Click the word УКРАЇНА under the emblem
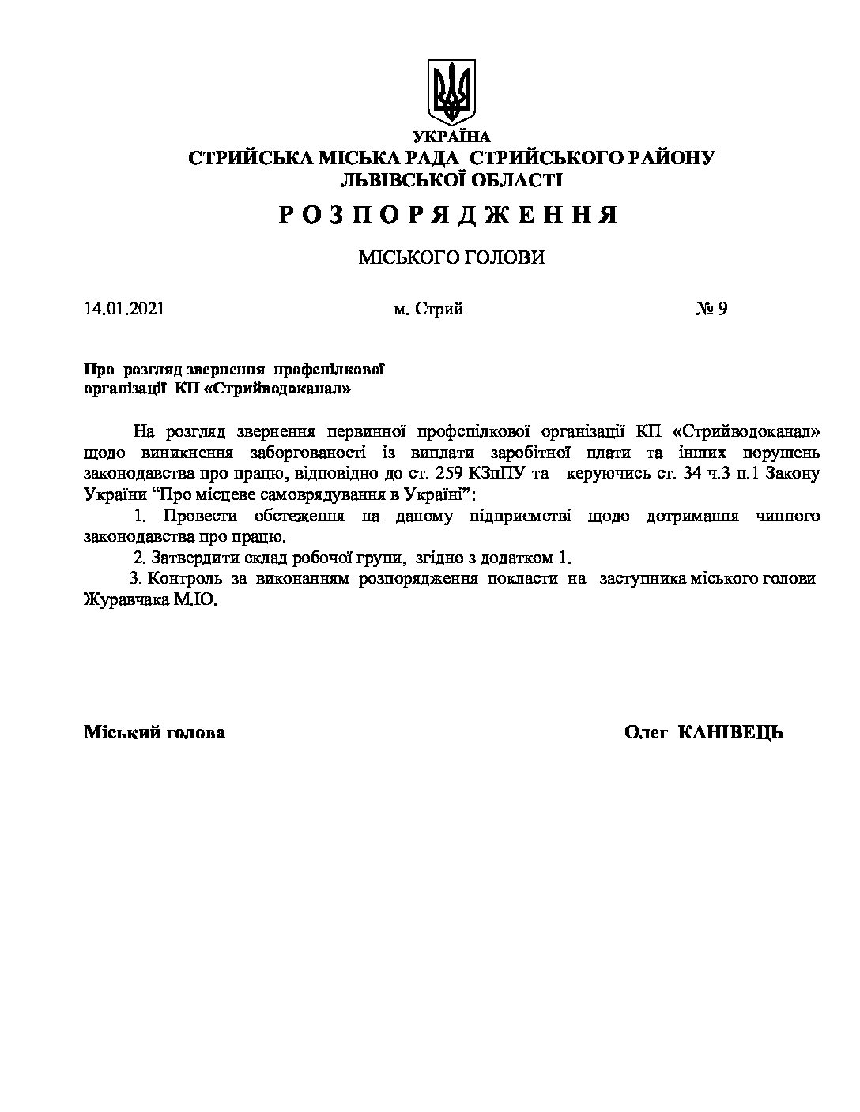[x=451, y=137]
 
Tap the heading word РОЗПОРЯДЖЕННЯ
[x=447, y=215]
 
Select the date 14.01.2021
[x=124, y=309]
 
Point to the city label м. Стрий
[x=428, y=309]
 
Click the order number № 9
[x=711, y=309]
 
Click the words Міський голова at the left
[x=154, y=732]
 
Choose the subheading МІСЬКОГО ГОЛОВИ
[x=451, y=257]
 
